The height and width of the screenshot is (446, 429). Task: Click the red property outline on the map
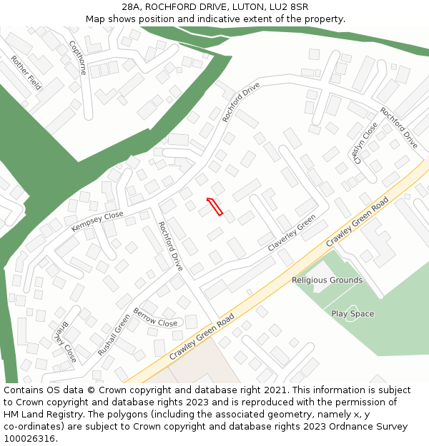pyautogui.click(x=214, y=206)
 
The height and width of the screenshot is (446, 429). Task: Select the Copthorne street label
pyautogui.click(x=77, y=58)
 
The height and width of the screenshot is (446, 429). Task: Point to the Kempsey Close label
pyautogui.click(x=97, y=221)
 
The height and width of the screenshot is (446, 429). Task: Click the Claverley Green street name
pyautogui.click(x=292, y=233)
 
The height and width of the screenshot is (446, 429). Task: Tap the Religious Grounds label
pyautogui.click(x=327, y=280)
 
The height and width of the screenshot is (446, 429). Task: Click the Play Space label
pyautogui.click(x=352, y=314)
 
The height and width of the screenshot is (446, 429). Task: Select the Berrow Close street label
pyautogui.click(x=155, y=318)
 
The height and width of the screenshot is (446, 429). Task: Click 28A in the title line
pyautogui.click(x=131, y=7)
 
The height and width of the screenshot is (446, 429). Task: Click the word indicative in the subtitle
pyautogui.click(x=218, y=19)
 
